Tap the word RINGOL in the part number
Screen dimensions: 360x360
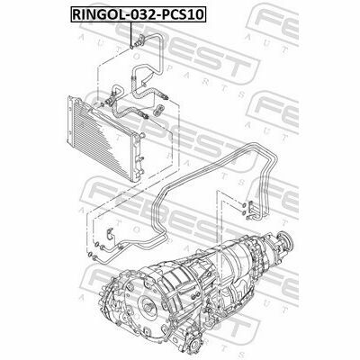pyautogui.click(x=96, y=15)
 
